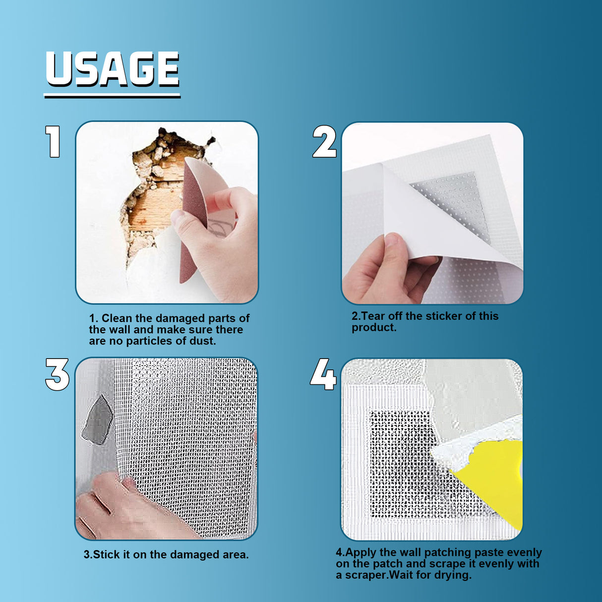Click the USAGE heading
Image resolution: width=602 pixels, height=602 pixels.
112,69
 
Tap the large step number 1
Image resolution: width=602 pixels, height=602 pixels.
53,142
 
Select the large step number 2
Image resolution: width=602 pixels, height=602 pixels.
324,142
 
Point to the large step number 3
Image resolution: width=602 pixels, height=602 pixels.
57,374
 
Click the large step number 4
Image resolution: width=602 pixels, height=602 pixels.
323,374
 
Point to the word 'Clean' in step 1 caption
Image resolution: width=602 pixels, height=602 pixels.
117,318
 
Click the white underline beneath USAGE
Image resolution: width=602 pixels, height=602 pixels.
112,95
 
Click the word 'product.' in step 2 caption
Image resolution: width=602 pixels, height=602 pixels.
374,328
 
